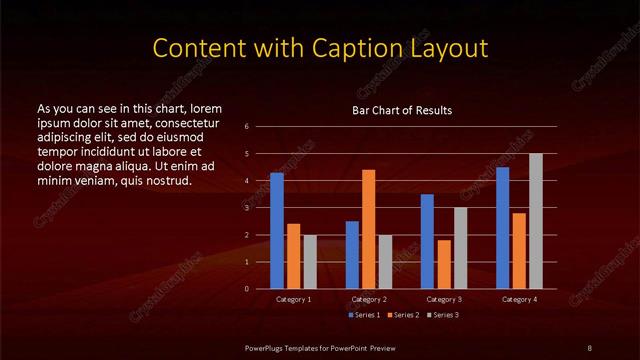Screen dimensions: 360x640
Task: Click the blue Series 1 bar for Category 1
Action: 277,231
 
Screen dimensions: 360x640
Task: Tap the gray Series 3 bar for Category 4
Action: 536,221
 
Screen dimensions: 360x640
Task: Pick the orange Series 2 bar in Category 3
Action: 444,264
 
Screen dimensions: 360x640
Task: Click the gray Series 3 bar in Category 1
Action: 310,262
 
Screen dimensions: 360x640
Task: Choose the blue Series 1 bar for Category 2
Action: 352,255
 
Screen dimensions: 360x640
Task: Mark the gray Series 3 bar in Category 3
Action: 460,248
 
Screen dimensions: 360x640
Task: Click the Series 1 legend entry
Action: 364,315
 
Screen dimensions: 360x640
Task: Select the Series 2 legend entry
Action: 402,315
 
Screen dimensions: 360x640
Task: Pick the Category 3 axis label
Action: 444,299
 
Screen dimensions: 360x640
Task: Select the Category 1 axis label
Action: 293,299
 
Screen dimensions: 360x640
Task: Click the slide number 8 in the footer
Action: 588,346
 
